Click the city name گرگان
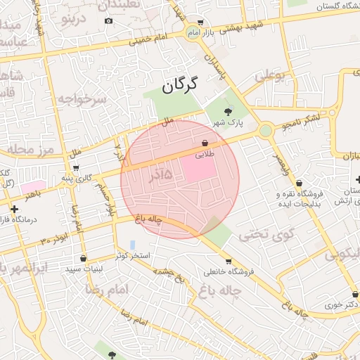[180, 86]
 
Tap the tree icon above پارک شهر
[227, 111]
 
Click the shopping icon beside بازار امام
[201, 22]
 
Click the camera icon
[108, 20]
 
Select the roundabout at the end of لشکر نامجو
[265, 130]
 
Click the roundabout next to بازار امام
[193, 32]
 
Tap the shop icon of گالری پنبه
[76, 168]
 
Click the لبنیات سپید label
[84, 269]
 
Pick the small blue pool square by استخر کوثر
[132, 244]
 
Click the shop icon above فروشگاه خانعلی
[228, 262]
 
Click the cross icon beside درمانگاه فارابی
[15, 209]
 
